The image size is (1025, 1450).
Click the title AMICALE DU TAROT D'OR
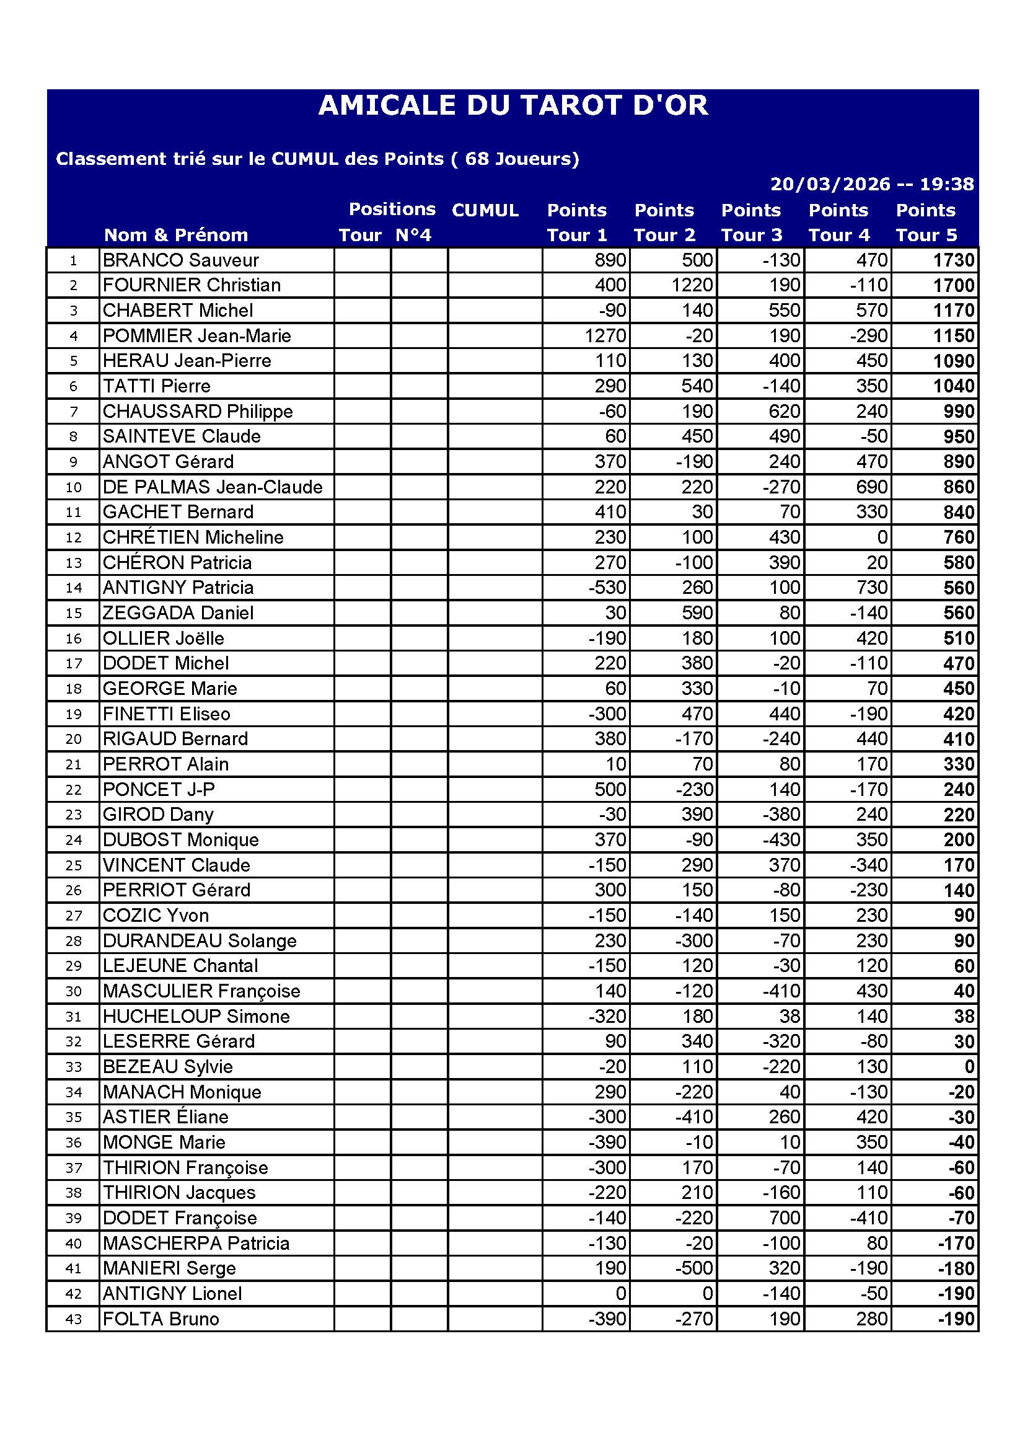tap(512, 105)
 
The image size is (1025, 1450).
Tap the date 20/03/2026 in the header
tap(829, 184)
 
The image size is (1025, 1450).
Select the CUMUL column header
tap(485, 210)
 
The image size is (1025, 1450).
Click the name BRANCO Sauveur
tap(180, 260)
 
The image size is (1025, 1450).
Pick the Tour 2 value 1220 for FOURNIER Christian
tap(692, 285)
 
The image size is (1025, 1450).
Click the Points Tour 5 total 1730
tap(954, 260)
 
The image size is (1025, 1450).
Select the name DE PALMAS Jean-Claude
tap(212, 487)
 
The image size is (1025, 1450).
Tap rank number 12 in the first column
tap(74, 537)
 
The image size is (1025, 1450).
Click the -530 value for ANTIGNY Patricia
tap(607, 588)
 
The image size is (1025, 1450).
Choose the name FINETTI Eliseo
tap(167, 714)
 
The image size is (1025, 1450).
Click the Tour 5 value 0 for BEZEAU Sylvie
tap(969, 1067)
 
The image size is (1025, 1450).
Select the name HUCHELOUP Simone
tap(196, 1016)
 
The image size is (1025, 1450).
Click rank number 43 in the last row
tap(74, 1319)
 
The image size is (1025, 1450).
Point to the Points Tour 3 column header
tap(751, 223)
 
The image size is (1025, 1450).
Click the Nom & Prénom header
tap(176, 235)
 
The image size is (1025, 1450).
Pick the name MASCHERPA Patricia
tap(196, 1243)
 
